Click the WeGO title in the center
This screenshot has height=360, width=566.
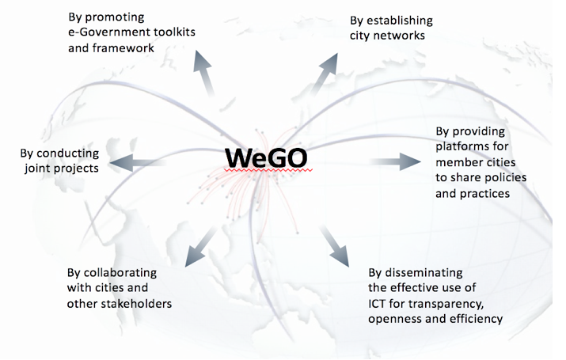click(x=266, y=158)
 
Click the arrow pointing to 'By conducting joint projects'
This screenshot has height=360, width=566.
click(x=138, y=162)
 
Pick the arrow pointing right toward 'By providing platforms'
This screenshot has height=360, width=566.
click(x=395, y=161)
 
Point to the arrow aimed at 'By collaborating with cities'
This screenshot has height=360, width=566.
click(x=201, y=246)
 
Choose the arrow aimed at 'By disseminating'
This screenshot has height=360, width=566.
click(x=334, y=246)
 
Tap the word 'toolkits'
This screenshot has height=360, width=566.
click(x=174, y=32)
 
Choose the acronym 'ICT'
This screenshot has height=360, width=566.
click(x=377, y=304)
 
